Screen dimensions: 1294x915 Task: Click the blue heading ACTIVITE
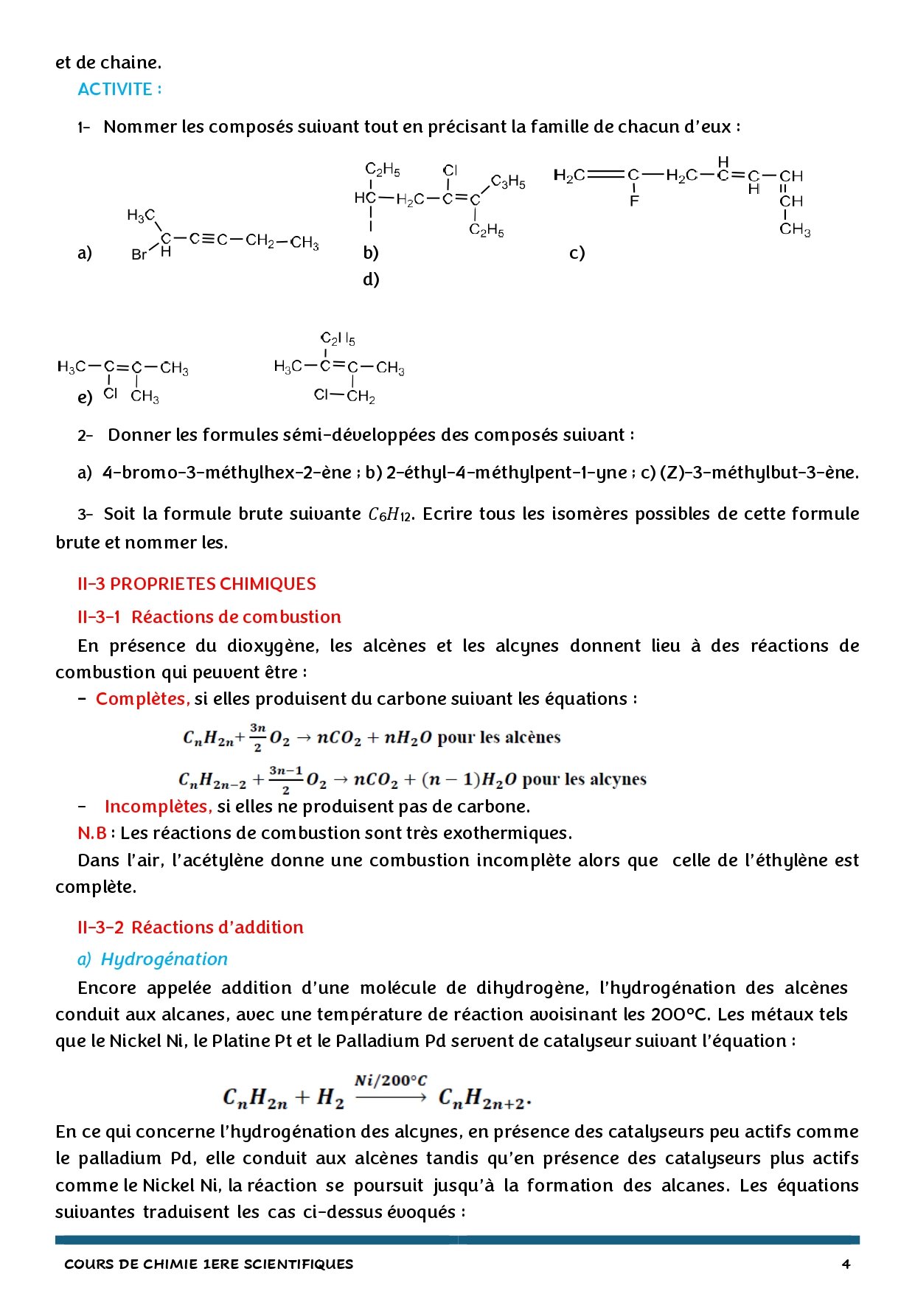119,89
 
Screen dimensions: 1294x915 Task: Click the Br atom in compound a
139,255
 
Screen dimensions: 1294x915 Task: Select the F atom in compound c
634,201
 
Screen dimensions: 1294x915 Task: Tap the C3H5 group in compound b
508,181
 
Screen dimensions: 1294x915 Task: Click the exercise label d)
371,279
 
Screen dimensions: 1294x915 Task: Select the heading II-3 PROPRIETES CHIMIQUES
196,584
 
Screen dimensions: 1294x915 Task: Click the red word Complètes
142,699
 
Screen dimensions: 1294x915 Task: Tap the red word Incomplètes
158,807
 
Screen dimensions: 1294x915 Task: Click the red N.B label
91,833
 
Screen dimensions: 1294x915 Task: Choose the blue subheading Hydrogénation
164,959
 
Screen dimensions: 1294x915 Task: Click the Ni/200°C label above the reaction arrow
390,1081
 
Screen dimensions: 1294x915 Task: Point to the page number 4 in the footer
846,1264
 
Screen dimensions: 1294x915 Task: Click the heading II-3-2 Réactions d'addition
190,928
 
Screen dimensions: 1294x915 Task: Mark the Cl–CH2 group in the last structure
344,396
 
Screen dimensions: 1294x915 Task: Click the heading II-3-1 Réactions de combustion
209,617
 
